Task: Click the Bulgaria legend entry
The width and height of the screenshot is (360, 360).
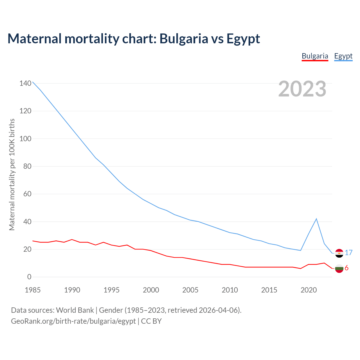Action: click(315, 56)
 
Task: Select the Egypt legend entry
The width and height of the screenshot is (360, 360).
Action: click(343, 56)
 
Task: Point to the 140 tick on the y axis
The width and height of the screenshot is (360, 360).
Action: click(25, 83)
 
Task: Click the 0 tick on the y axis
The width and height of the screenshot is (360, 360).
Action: click(29, 277)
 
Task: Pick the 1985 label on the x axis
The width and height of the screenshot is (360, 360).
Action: click(33, 290)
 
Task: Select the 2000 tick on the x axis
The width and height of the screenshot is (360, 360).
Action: click(151, 290)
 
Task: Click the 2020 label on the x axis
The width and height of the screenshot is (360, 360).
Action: click(309, 290)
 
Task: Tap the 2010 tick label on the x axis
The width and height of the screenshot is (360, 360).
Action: click(230, 290)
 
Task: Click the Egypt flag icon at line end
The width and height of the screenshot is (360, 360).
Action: click(339, 253)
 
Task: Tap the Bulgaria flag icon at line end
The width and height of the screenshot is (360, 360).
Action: click(339, 268)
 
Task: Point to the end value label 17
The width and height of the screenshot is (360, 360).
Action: click(349, 253)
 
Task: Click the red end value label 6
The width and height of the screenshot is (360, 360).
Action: click(346, 268)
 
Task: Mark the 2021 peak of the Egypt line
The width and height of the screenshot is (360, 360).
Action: click(316, 219)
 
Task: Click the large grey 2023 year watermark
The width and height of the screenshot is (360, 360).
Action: click(302, 89)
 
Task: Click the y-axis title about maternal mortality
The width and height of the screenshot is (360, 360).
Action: click(12, 174)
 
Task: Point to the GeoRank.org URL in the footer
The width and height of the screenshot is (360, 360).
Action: click(73, 321)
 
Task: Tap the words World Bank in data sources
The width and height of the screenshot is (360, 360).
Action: click(75, 310)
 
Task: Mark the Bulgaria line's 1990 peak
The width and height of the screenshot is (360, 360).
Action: click(72, 240)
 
